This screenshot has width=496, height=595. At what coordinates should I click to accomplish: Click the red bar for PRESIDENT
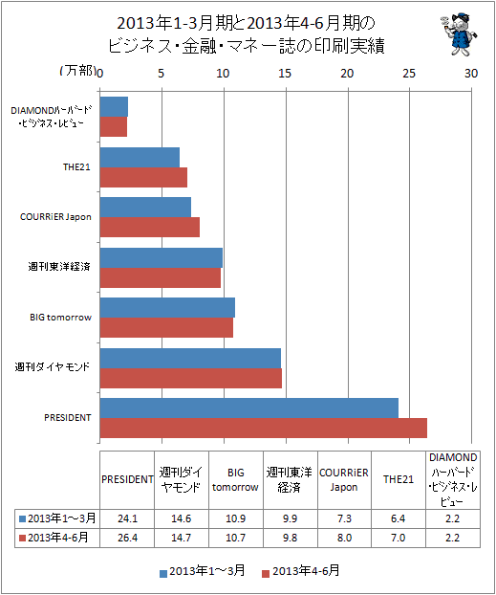click(x=264, y=428)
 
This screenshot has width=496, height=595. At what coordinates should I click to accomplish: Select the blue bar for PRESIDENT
click(x=249, y=408)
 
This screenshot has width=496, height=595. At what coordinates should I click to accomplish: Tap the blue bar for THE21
click(x=140, y=158)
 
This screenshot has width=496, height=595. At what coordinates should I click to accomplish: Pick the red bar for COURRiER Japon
click(x=150, y=228)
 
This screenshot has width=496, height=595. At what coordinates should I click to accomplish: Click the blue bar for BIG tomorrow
click(x=167, y=307)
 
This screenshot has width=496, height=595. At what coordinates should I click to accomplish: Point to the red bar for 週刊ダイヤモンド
click(x=191, y=378)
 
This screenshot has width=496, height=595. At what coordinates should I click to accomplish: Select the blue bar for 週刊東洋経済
click(x=162, y=258)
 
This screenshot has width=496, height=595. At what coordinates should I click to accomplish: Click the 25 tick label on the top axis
click(x=409, y=74)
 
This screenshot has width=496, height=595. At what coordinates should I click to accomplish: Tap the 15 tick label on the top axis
click(x=285, y=74)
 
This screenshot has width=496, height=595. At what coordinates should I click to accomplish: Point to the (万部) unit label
click(x=77, y=71)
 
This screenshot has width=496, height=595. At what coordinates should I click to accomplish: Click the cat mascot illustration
click(x=459, y=34)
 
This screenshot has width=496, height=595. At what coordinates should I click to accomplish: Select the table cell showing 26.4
click(x=127, y=538)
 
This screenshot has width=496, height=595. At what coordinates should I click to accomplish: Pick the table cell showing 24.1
click(x=127, y=518)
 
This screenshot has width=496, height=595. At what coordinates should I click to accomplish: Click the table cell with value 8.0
click(x=344, y=538)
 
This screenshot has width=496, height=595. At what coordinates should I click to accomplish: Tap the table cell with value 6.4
click(x=399, y=518)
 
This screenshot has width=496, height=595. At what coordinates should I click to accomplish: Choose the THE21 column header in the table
click(x=399, y=479)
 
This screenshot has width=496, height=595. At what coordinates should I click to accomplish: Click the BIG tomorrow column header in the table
click(x=235, y=479)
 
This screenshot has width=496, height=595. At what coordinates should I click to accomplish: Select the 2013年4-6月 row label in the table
click(x=57, y=538)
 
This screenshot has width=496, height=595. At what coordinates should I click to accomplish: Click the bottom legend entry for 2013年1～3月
click(x=203, y=571)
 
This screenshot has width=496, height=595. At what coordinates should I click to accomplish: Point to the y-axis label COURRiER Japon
click(x=55, y=217)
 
